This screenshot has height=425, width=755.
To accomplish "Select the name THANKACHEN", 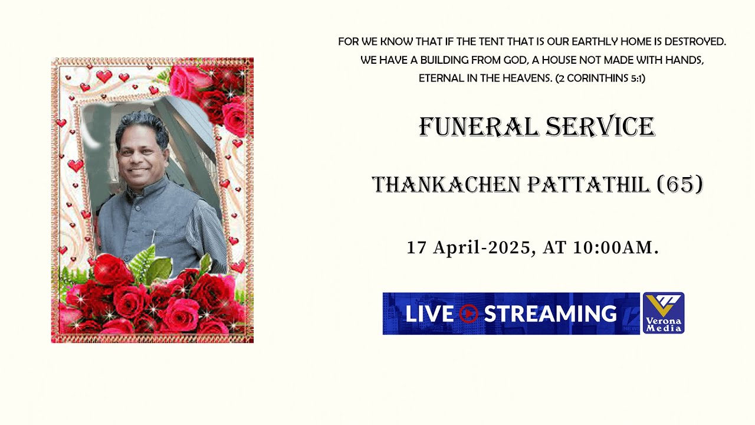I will point(446,185).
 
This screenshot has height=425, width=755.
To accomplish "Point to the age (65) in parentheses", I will point(680,185).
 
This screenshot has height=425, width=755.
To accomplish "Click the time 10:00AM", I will point(615,248).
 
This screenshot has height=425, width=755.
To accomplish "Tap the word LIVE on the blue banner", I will point(429,313).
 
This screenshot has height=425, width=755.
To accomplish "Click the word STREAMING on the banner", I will point(550,313).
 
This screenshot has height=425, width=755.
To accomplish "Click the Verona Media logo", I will point(663,313).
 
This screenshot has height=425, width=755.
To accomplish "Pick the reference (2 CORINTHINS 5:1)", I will point(600,78).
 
